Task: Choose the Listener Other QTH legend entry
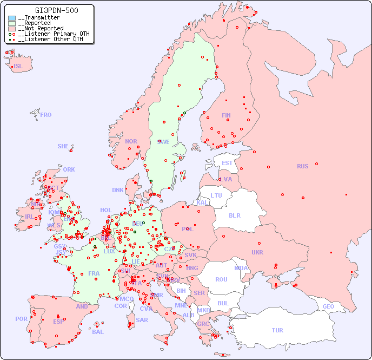pyautogui.click(x=49, y=39)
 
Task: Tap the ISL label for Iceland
pyautogui.click(x=18, y=67)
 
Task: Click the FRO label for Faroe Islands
pyautogui.click(x=46, y=115)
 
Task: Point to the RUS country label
pyautogui.click(x=302, y=166)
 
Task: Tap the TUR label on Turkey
pyautogui.click(x=277, y=330)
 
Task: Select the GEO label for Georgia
pyautogui.click(x=328, y=306)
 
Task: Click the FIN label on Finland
pyautogui.click(x=226, y=115)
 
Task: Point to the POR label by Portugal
pyautogui.click(x=21, y=319)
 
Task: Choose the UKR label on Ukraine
pyautogui.click(x=257, y=252)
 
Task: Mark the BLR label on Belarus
pyautogui.click(x=234, y=215)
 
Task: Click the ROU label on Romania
pyautogui.click(x=221, y=279)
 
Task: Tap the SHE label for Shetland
pyautogui.click(x=63, y=146)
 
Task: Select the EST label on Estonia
pyautogui.click(x=227, y=163)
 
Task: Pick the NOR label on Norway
pyautogui.click(x=131, y=141)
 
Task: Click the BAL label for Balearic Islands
pyautogui.click(x=98, y=332)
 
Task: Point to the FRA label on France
pyautogui.click(x=94, y=273)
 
